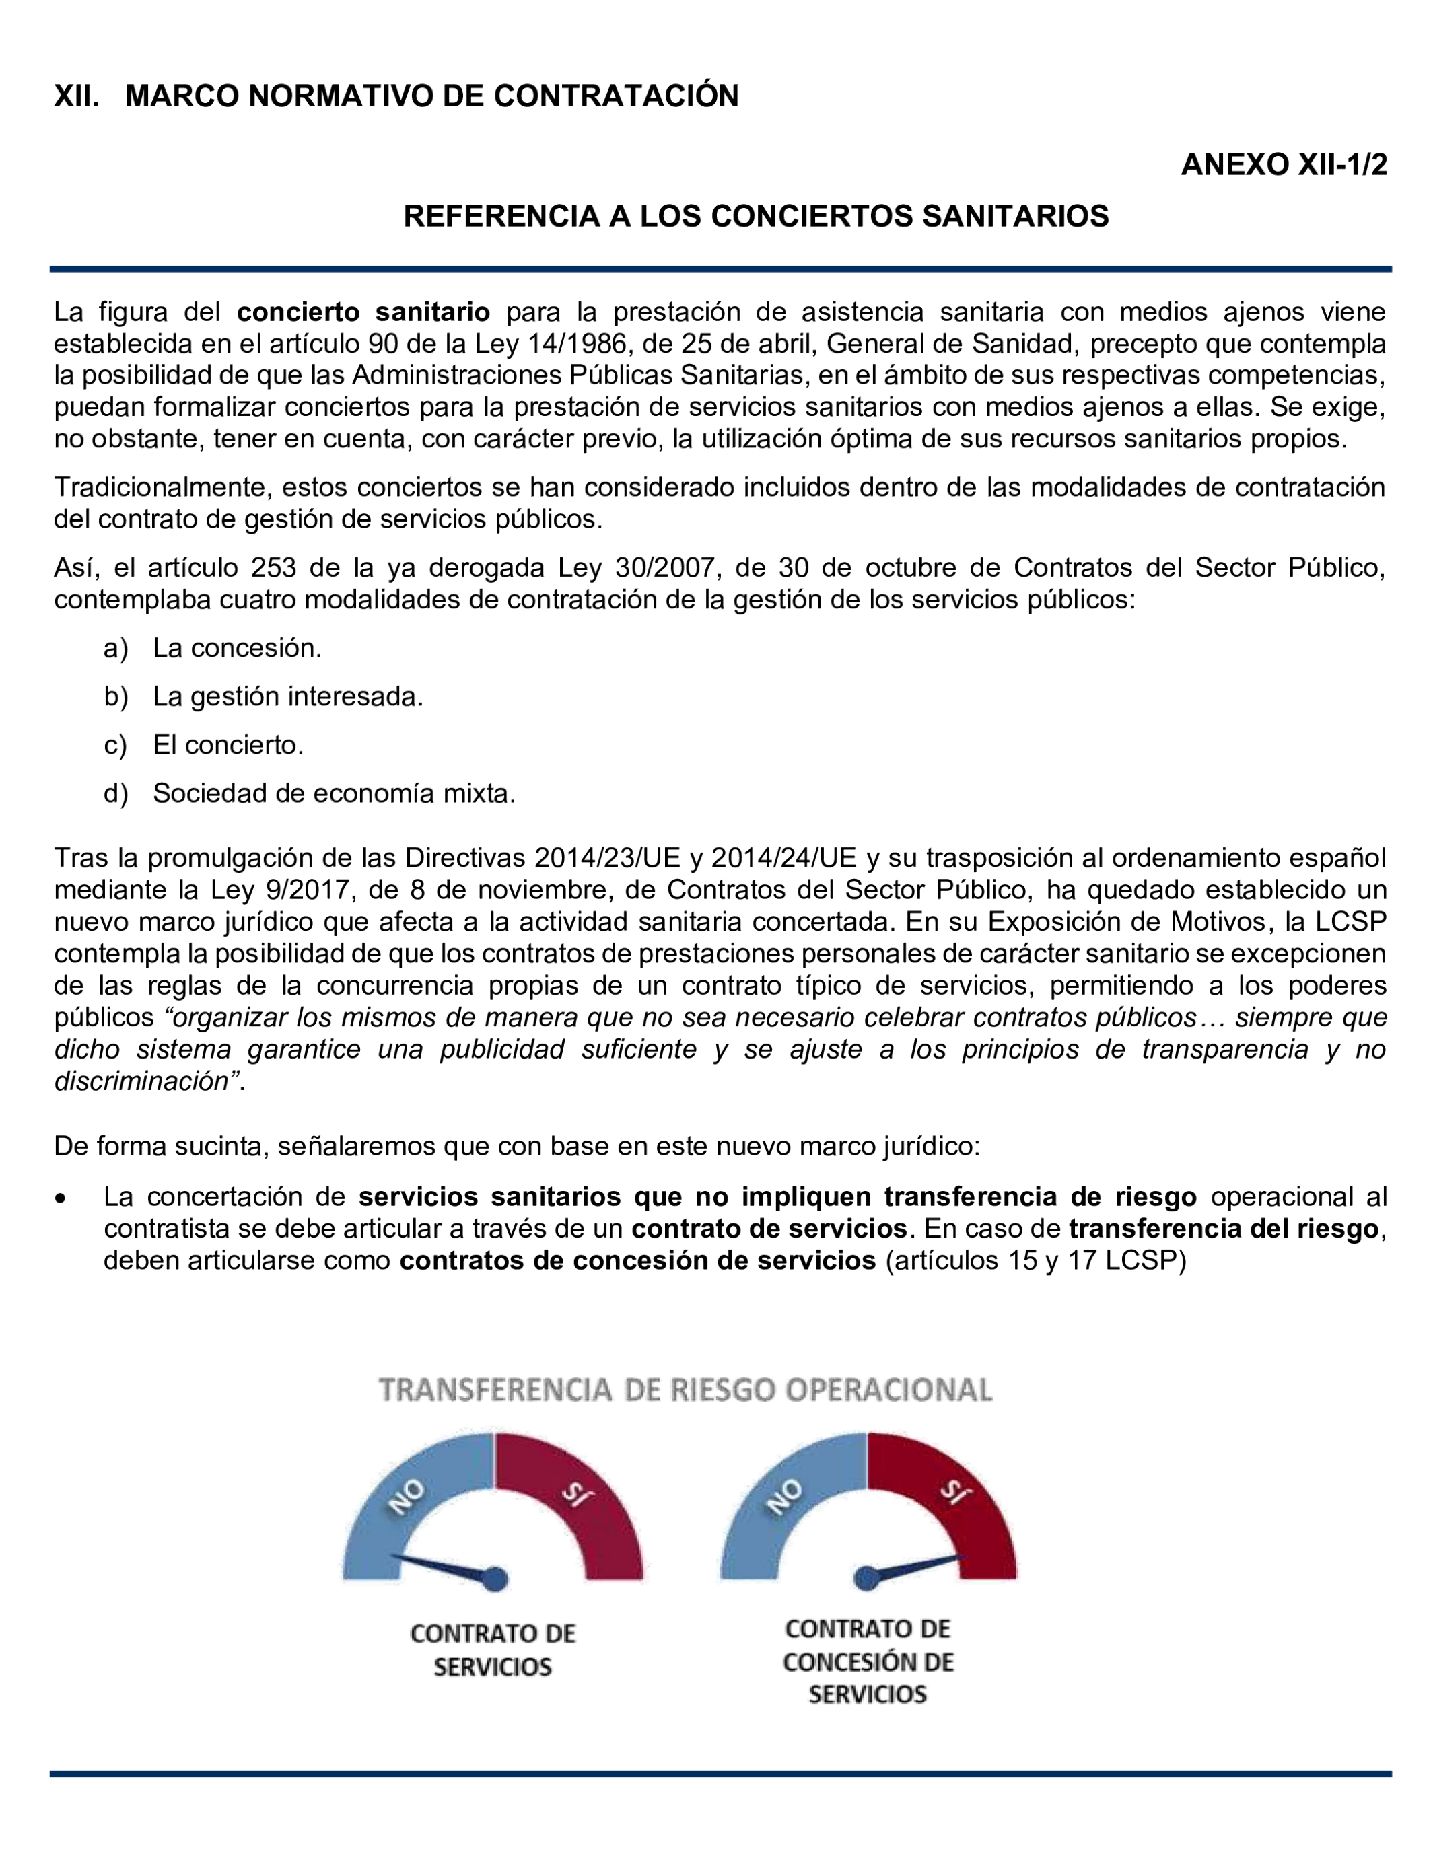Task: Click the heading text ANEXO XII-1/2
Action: (x=1284, y=164)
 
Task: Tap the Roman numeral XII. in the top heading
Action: (x=76, y=96)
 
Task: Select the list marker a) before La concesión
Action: (x=116, y=648)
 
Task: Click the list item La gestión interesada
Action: (x=288, y=696)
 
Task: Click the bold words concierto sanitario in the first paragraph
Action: (x=363, y=312)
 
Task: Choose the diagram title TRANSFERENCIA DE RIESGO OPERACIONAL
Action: (x=686, y=1390)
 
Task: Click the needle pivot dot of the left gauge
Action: (x=495, y=1579)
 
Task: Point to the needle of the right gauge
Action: (x=915, y=1567)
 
